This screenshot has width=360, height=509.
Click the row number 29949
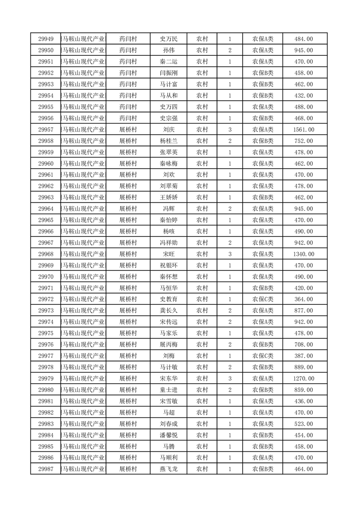[46, 39]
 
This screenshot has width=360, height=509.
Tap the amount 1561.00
[304, 130]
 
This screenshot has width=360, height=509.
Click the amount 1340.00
[304, 254]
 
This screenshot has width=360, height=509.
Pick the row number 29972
[46, 299]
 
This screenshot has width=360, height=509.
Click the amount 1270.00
[304, 378]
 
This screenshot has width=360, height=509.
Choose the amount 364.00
[304, 299]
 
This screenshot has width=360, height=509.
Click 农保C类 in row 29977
[263, 356]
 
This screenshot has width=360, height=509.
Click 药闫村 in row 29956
[128, 118]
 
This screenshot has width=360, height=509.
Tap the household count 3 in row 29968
[230, 254]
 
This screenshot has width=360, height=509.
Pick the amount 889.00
[304, 367]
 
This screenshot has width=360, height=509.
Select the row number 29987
[46, 469]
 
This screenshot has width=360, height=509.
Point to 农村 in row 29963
[202, 197]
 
